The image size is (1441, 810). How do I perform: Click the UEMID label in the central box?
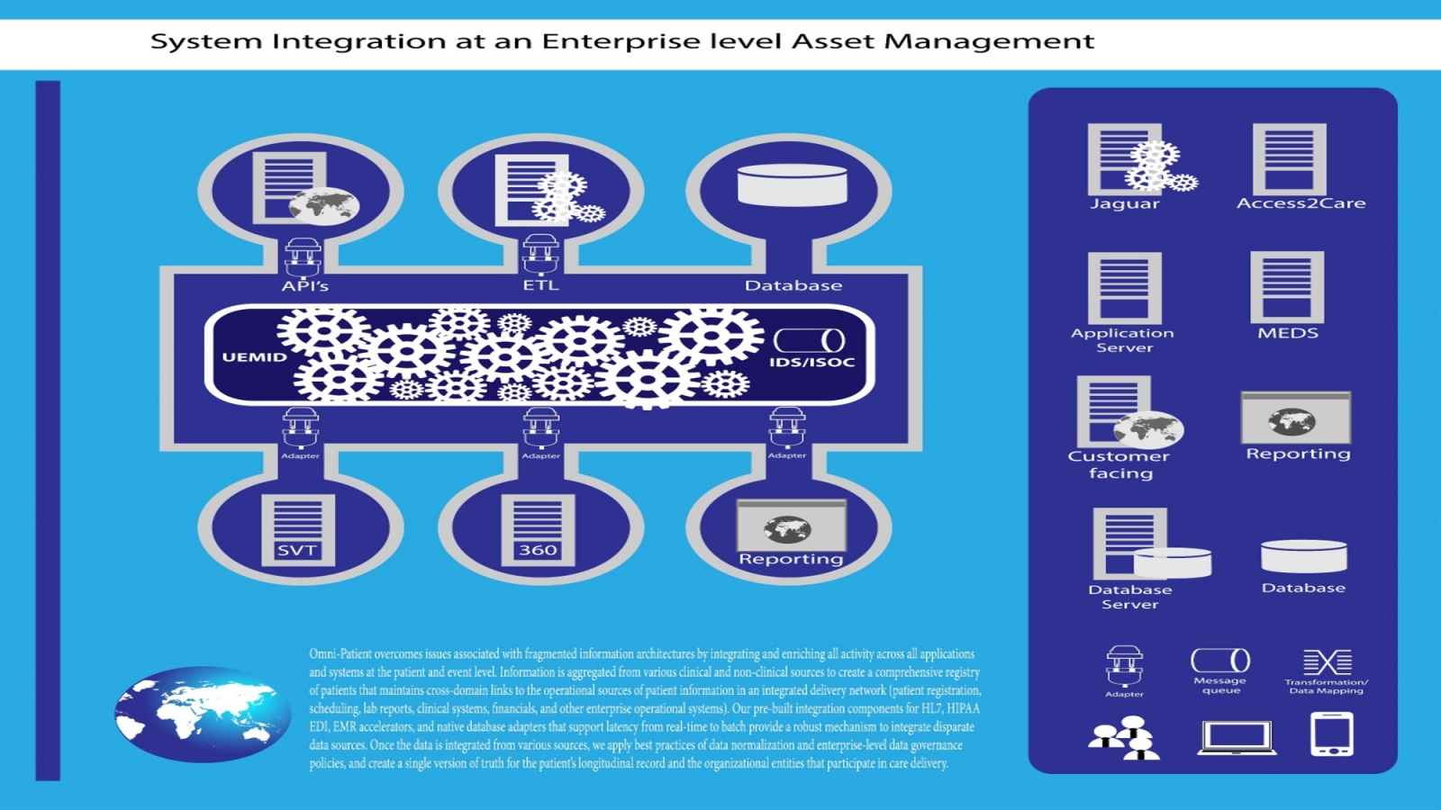click(255, 357)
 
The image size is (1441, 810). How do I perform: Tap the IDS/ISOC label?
click(811, 363)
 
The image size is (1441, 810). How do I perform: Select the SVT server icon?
click(297, 529)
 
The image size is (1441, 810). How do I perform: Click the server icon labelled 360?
click(538, 529)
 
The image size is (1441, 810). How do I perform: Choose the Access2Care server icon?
click(1289, 159)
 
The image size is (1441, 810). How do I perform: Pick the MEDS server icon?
click(1287, 287)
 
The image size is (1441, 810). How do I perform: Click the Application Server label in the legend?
click(1123, 340)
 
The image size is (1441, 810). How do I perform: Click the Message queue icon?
click(1220, 661)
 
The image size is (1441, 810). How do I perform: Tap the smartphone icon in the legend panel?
click(1332, 734)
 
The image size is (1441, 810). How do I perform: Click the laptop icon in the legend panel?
click(1237, 737)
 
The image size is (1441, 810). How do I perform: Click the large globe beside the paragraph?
click(203, 714)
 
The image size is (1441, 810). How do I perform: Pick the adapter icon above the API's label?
click(303, 257)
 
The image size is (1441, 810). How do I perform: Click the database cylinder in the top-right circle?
click(792, 184)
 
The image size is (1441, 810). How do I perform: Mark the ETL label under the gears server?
click(540, 285)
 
